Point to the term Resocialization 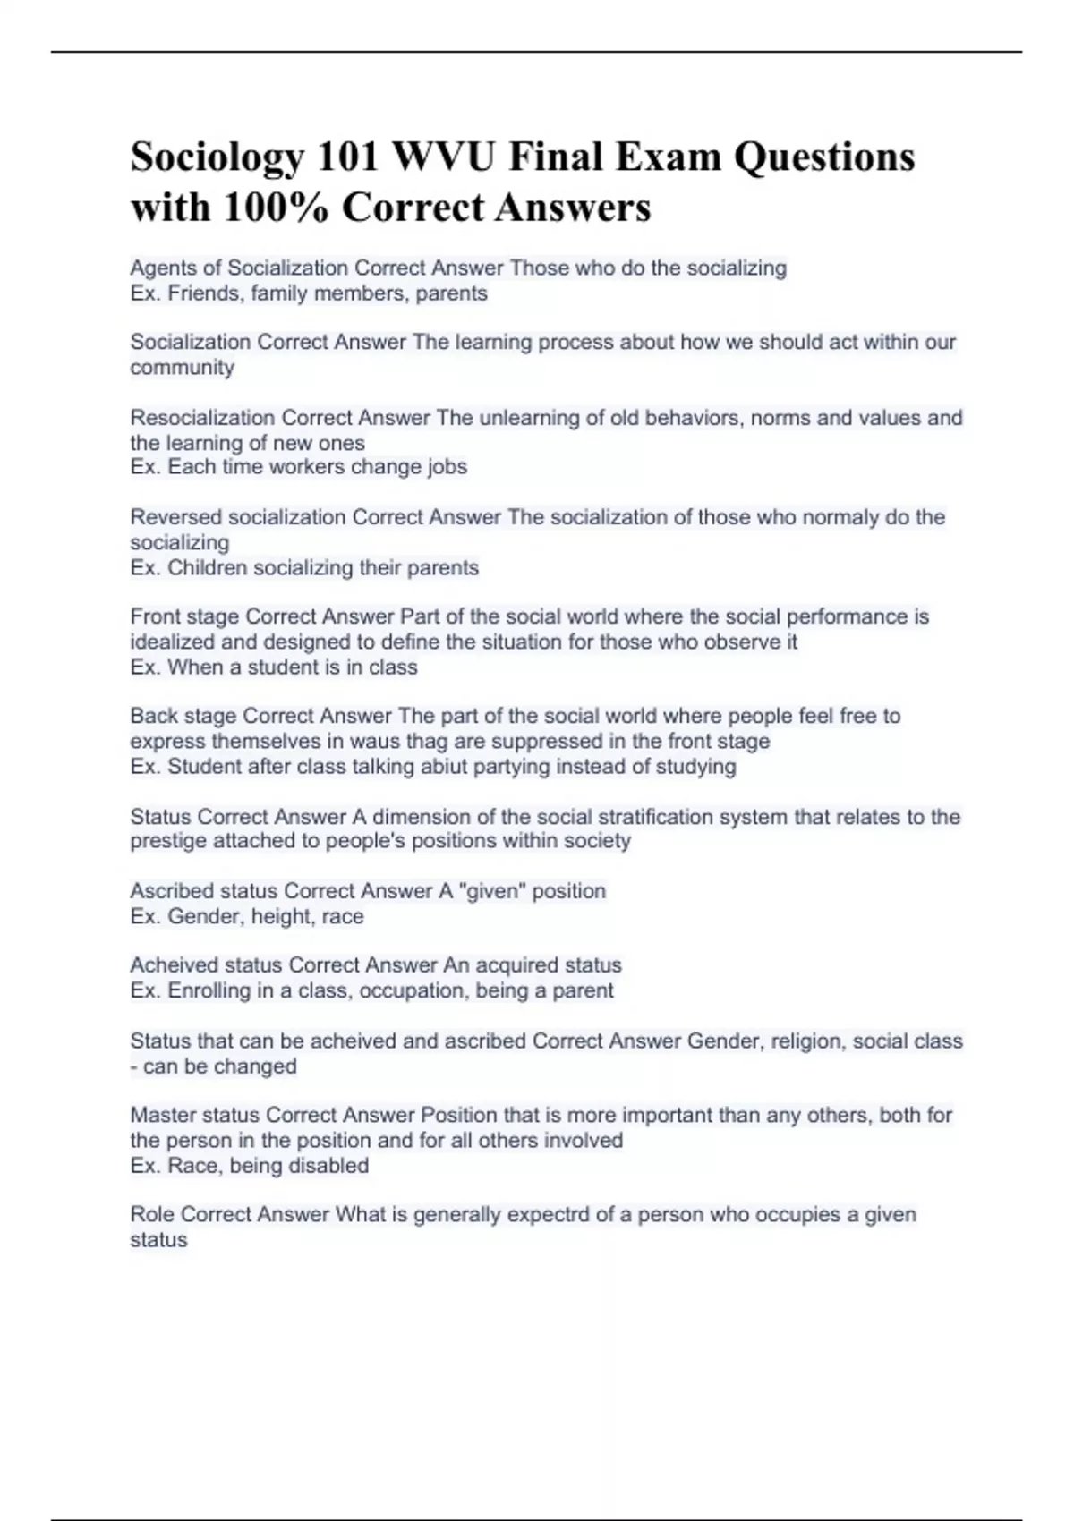[x=203, y=418]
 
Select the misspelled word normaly [x=840, y=517]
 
